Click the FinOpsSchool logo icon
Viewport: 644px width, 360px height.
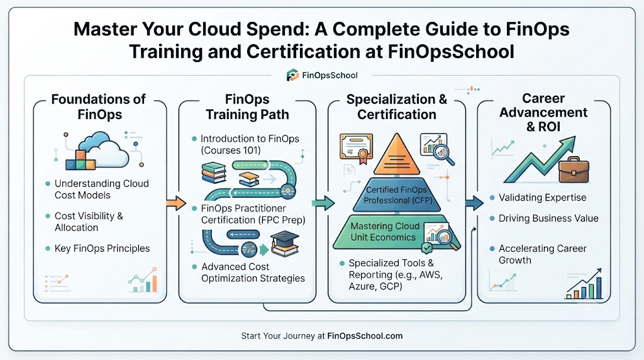[292, 75]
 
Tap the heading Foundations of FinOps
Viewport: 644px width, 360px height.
[99, 106]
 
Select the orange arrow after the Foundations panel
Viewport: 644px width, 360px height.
[176, 203]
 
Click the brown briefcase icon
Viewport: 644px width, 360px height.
[574, 170]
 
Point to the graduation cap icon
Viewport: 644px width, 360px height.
[285, 244]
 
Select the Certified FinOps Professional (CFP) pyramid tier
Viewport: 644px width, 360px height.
[397, 195]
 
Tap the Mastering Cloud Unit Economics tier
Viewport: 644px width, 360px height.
[396, 232]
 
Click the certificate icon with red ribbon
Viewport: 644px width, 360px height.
[356, 148]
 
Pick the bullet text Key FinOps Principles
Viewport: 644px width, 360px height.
[103, 248]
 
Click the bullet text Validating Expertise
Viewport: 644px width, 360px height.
[542, 198]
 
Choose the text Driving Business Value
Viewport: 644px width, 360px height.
[548, 218]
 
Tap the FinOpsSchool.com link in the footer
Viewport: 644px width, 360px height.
[365, 335]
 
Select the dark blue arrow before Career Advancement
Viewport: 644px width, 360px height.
[474, 203]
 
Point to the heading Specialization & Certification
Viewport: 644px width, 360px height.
[396, 107]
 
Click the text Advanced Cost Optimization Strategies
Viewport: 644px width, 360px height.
[253, 273]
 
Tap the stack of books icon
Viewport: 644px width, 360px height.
[214, 172]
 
